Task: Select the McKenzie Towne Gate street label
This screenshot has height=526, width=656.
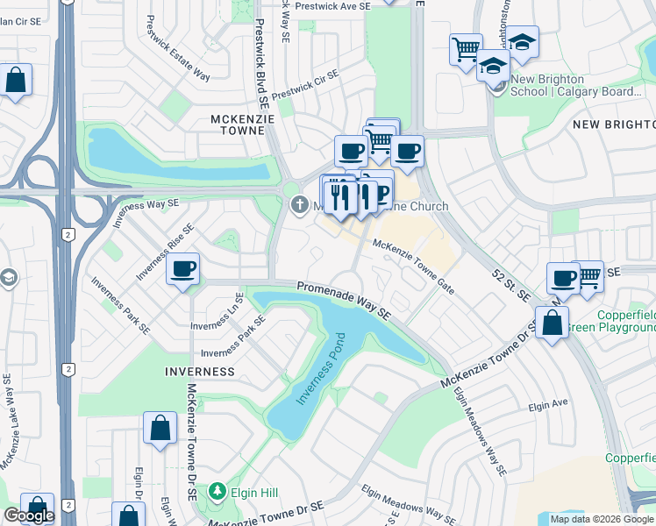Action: [414, 267]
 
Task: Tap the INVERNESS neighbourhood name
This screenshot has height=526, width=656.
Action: [199, 372]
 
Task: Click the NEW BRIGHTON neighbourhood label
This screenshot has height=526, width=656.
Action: [613, 124]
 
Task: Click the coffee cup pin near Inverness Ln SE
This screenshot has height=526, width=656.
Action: [183, 269]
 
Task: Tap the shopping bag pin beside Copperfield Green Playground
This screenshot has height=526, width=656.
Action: [553, 323]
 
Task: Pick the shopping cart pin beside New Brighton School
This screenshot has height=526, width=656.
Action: [466, 48]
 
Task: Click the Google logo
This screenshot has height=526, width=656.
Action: [28, 515]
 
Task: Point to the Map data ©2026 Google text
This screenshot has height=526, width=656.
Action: [602, 519]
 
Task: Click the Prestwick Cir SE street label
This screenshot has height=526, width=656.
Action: [303, 86]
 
